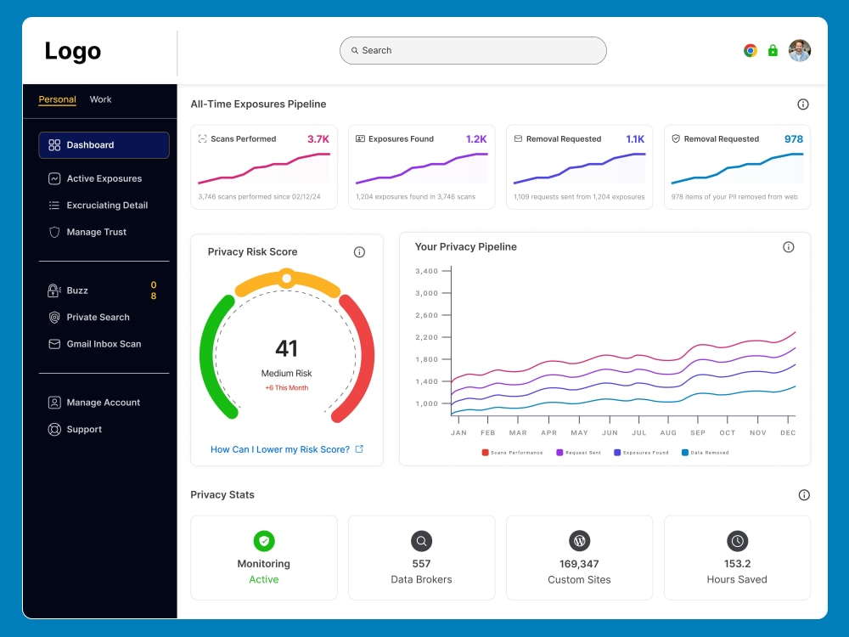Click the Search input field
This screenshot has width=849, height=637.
(473, 50)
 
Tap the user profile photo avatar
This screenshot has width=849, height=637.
(799, 50)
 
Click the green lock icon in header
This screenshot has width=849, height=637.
(773, 50)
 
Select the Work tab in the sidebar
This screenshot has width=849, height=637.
(100, 99)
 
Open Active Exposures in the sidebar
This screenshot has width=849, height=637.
(104, 178)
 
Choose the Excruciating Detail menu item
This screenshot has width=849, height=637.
(107, 206)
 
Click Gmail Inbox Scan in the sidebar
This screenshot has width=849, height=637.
(104, 344)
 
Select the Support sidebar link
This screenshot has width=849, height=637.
(84, 430)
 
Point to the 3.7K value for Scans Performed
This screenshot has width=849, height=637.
(318, 139)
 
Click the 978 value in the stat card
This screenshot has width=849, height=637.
(793, 139)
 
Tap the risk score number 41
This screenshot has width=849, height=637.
(287, 348)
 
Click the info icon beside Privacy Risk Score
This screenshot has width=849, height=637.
(359, 252)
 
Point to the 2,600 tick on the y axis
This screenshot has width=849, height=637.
(425, 315)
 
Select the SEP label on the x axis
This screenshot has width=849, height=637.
(698, 433)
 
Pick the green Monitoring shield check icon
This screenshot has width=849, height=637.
(264, 541)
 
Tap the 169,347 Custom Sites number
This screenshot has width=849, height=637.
(579, 564)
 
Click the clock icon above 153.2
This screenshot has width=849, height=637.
(737, 541)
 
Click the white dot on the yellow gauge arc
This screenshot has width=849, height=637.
(287, 278)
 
